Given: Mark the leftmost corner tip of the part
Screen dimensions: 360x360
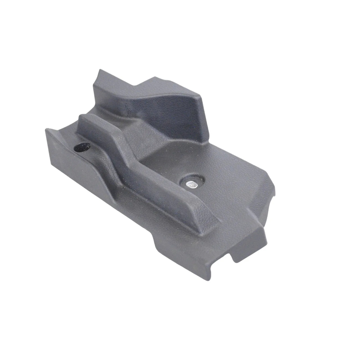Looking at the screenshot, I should pyautogui.click(x=46, y=130).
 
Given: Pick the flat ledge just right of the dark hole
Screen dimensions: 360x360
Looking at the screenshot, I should pyautogui.click(x=97, y=151).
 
